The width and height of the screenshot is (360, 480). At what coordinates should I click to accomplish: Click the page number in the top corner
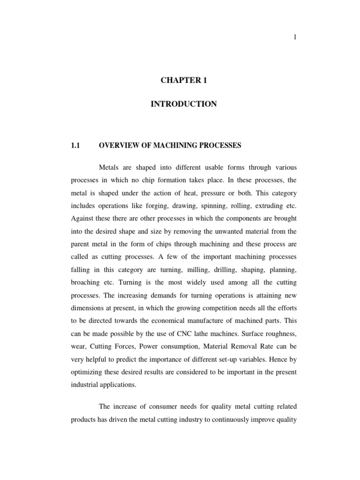[x=295, y=37]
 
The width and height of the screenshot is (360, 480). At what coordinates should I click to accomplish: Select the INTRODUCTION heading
[x=183, y=104]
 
